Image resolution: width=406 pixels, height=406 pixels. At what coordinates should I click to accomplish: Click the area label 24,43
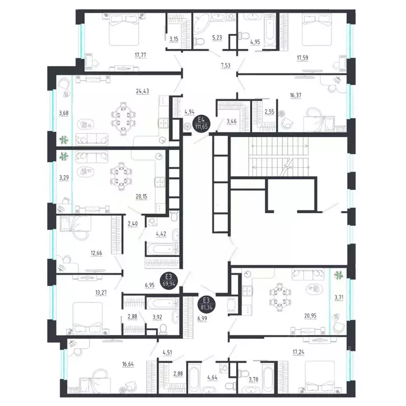tap(143, 90)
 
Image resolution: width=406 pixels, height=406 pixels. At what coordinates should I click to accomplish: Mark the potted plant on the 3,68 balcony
tap(63, 140)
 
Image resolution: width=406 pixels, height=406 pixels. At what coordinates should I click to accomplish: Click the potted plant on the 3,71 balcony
tap(338, 275)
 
